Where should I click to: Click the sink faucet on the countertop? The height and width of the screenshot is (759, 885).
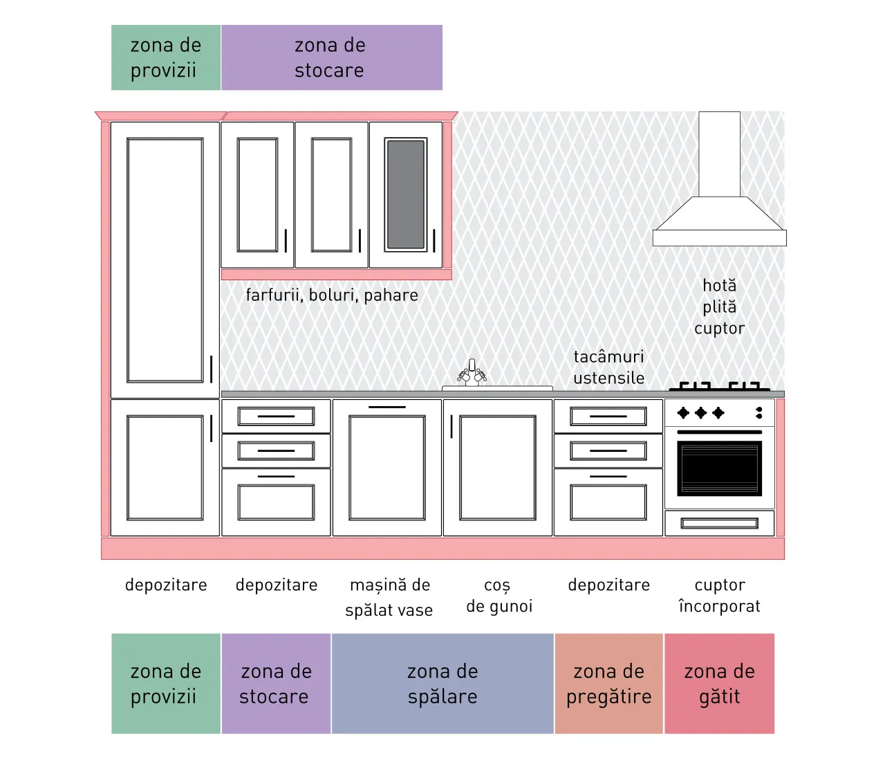point(472,373)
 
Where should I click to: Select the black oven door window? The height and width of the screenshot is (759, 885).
point(719,468)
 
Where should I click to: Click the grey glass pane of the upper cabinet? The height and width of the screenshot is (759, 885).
point(406,194)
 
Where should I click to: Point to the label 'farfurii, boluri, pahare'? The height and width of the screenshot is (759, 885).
point(332,295)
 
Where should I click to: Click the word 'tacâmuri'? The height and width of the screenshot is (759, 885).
point(608,356)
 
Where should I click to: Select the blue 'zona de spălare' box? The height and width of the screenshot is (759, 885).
point(442,684)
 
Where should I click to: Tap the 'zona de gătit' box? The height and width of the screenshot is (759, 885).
point(719,684)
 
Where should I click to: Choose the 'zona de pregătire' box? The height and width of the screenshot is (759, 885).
point(609,684)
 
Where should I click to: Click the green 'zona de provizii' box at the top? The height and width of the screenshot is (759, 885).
point(166,57)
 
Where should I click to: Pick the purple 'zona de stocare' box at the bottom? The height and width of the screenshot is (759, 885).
point(276,684)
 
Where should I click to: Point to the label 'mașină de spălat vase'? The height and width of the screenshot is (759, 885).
point(389,597)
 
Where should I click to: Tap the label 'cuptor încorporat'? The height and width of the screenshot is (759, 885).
point(719,596)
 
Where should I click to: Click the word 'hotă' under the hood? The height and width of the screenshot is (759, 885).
point(719,286)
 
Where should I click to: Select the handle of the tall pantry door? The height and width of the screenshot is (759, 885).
point(211,369)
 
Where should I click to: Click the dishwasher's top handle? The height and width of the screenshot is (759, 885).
point(387,407)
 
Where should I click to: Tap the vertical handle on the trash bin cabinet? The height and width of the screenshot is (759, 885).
point(451,426)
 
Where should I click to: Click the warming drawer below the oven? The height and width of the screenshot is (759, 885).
point(719,523)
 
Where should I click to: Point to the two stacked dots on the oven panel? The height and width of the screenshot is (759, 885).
point(759,413)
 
